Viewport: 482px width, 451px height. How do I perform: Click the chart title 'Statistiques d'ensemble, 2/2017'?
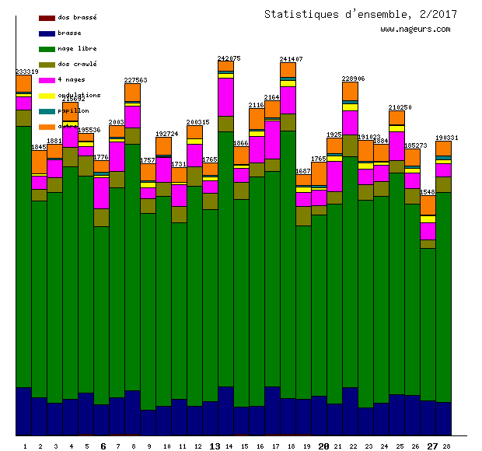click(360, 14)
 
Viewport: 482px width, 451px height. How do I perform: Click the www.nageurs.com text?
click(415, 30)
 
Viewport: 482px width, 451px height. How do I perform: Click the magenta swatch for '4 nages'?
click(47, 80)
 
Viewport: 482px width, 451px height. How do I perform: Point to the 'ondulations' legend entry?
click(79, 95)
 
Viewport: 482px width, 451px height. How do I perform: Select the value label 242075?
click(229, 58)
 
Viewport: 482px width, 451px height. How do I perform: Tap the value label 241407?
click(291, 59)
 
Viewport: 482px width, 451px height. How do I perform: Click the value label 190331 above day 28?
click(446, 138)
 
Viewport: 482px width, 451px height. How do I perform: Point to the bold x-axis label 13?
click(215, 446)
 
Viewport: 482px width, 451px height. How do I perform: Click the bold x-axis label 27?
click(432, 446)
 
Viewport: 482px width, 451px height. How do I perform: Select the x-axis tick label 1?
click(25, 446)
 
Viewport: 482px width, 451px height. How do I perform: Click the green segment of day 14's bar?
click(226, 257)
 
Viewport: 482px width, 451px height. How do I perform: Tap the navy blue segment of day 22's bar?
click(351, 411)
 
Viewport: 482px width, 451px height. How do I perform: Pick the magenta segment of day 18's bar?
click(288, 100)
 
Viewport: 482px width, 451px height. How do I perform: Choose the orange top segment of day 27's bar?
click(428, 205)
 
